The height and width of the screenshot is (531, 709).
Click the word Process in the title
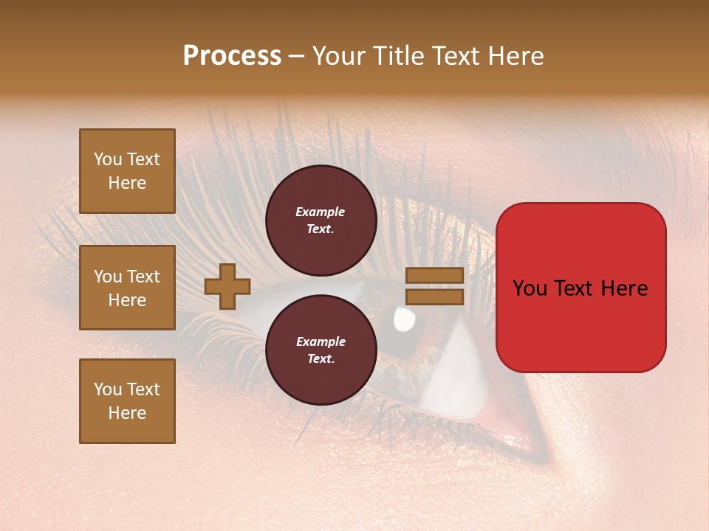[232, 56]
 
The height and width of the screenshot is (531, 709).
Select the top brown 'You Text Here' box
[127, 171]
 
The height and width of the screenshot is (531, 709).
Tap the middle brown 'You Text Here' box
[127, 288]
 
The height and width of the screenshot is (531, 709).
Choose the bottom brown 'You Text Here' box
[127, 401]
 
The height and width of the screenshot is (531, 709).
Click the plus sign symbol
[227, 286]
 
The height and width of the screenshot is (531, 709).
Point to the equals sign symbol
[434, 286]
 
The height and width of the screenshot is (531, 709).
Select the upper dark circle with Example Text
[321, 220]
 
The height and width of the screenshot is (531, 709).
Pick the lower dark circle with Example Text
[321, 350]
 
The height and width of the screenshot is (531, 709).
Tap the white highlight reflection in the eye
[403, 319]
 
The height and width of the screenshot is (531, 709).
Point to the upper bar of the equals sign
[434, 276]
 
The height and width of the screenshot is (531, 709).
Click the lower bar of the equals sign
[434, 296]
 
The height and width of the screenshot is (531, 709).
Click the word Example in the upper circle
[321, 212]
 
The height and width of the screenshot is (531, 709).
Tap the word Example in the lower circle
[321, 341]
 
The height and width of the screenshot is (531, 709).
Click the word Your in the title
[338, 56]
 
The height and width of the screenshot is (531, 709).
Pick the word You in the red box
[530, 288]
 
